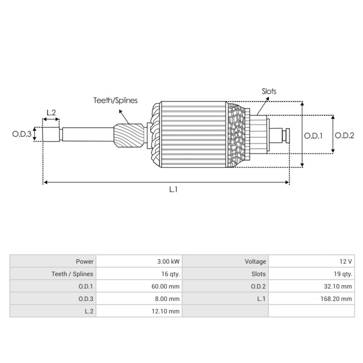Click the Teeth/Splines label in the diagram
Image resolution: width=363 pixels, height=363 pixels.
(115, 100)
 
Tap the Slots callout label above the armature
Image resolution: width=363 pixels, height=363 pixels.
(269, 91)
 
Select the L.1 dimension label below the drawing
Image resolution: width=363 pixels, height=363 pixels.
(173, 190)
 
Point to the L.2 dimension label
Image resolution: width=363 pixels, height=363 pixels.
(51, 113)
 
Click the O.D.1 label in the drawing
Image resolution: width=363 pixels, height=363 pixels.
(313, 136)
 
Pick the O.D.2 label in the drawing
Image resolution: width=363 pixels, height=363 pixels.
(344, 136)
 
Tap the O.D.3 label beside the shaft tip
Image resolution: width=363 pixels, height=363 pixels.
(21, 134)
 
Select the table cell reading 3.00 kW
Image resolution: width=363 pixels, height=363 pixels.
(168, 262)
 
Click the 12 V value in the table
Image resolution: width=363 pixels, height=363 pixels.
(345, 262)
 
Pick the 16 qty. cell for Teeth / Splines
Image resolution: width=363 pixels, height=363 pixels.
(170, 274)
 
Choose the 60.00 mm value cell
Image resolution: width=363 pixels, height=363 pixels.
(165, 286)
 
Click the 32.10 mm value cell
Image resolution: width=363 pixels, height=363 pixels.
(338, 286)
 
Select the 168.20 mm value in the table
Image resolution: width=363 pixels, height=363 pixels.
(336, 299)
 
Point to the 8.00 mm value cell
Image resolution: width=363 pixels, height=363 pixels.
(167, 299)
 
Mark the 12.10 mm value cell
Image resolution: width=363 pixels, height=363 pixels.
(165, 311)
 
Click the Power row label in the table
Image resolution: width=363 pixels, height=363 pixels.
(85, 262)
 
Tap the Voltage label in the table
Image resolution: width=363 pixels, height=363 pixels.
(255, 262)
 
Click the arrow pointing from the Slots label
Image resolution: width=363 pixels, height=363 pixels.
(262, 106)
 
